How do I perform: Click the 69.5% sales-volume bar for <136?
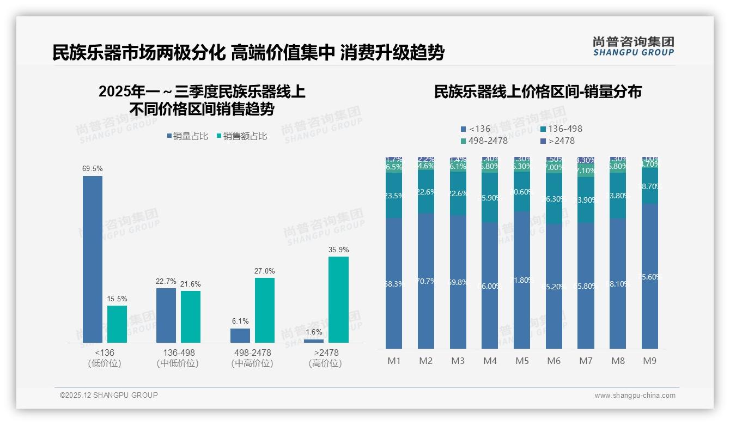(93, 259)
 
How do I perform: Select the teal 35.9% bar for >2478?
(338, 300)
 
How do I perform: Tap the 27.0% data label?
(265, 271)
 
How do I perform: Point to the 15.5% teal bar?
(117, 324)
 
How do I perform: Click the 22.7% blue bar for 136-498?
(166, 315)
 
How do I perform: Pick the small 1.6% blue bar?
(314, 341)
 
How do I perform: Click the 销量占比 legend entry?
(187, 136)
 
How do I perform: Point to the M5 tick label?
(522, 361)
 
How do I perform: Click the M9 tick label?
(649, 361)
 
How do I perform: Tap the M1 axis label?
(394, 361)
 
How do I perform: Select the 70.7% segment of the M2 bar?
(426, 281)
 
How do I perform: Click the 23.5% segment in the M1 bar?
(394, 196)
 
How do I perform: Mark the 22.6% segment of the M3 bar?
(458, 193)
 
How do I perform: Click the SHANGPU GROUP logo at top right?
(634, 46)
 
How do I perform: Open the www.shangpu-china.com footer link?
(635, 396)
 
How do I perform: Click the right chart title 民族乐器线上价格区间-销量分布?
(538, 92)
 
